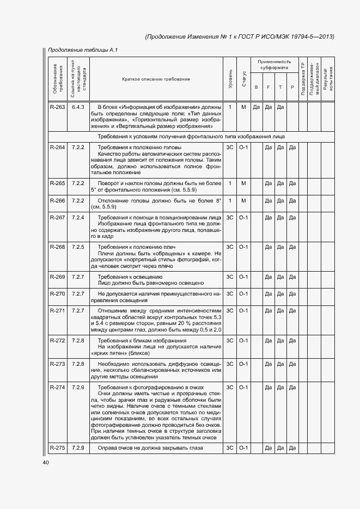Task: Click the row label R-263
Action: click(57, 107)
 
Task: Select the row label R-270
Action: click(57, 294)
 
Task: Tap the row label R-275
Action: click(57, 448)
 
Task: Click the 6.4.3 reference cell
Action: click(78, 107)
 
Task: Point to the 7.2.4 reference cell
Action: click(78, 218)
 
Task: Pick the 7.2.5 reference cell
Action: click(78, 247)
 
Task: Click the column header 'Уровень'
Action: click(230, 79)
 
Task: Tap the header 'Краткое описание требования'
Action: click(156, 79)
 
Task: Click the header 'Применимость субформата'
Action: click(274, 65)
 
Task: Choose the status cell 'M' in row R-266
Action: click(243, 201)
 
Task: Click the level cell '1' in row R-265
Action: click(230, 183)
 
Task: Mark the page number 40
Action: click(46, 463)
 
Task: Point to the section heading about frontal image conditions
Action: click(191, 137)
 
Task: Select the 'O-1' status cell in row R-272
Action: click(243, 341)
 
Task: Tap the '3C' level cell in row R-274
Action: click(230, 388)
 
